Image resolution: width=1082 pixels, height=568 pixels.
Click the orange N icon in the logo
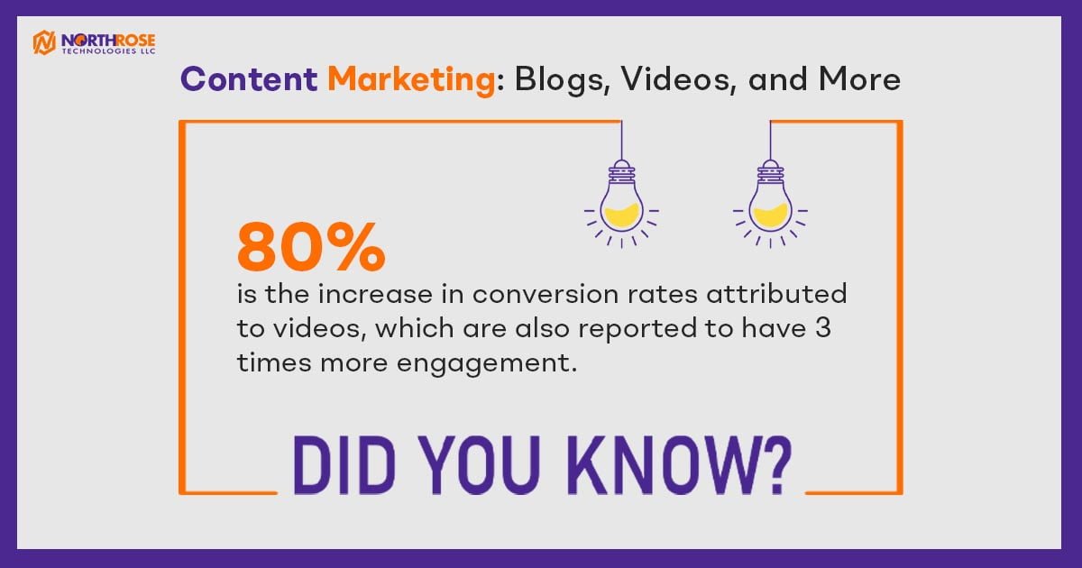coord(44,42)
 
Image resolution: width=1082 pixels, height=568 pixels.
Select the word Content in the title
coord(249,79)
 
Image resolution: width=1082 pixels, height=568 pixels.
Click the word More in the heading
coord(859,79)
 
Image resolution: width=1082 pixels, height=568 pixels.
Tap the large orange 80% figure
coord(311,247)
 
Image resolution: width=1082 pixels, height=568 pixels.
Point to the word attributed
coord(776,294)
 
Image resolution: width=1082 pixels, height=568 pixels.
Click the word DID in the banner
coord(344,464)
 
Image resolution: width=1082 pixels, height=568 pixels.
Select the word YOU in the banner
coord(479,464)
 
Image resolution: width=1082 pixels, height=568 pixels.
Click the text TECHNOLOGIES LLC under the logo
coord(108,51)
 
